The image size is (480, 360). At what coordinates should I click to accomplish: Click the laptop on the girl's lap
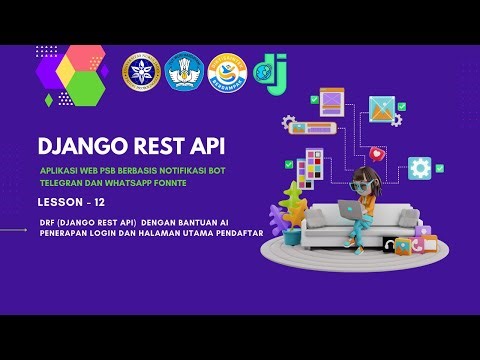click(352, 210)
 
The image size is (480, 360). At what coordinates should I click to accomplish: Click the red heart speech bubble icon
click(376, 155)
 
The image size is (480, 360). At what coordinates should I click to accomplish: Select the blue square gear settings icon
click(420, 168)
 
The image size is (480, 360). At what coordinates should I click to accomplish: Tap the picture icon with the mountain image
click(381, 108)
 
